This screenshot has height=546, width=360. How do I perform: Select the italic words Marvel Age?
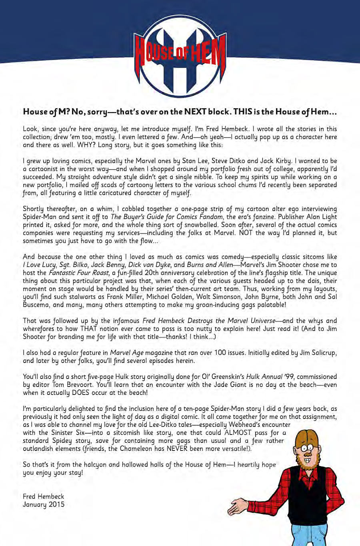click(126, 353)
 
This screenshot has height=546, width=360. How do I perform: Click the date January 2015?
click(43, 504)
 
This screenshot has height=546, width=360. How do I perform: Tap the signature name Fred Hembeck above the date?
click(43, 496)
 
